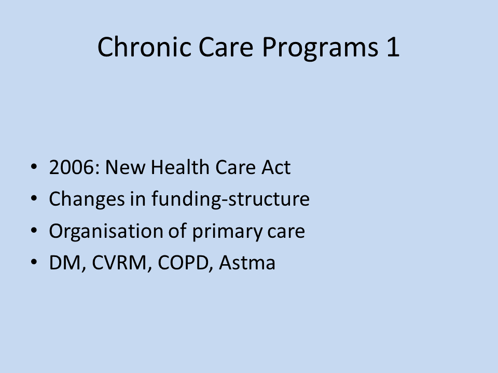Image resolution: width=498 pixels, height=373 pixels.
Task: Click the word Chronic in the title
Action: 144,47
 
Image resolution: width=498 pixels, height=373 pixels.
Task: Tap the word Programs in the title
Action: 320,48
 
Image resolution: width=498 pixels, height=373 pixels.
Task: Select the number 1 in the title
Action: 393,47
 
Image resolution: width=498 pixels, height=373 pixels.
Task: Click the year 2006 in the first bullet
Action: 72,167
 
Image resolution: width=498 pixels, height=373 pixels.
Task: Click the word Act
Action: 276,167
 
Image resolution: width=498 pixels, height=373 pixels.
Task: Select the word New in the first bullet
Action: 125,167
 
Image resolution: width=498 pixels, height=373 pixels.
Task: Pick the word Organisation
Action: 106,232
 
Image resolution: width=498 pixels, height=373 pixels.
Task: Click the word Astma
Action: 247,263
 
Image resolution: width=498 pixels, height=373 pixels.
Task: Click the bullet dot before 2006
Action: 34,166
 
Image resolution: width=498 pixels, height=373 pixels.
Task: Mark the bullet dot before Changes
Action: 34,198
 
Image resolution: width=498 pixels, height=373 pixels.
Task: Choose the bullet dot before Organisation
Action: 34,230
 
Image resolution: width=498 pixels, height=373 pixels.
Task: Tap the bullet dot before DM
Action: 34,262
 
